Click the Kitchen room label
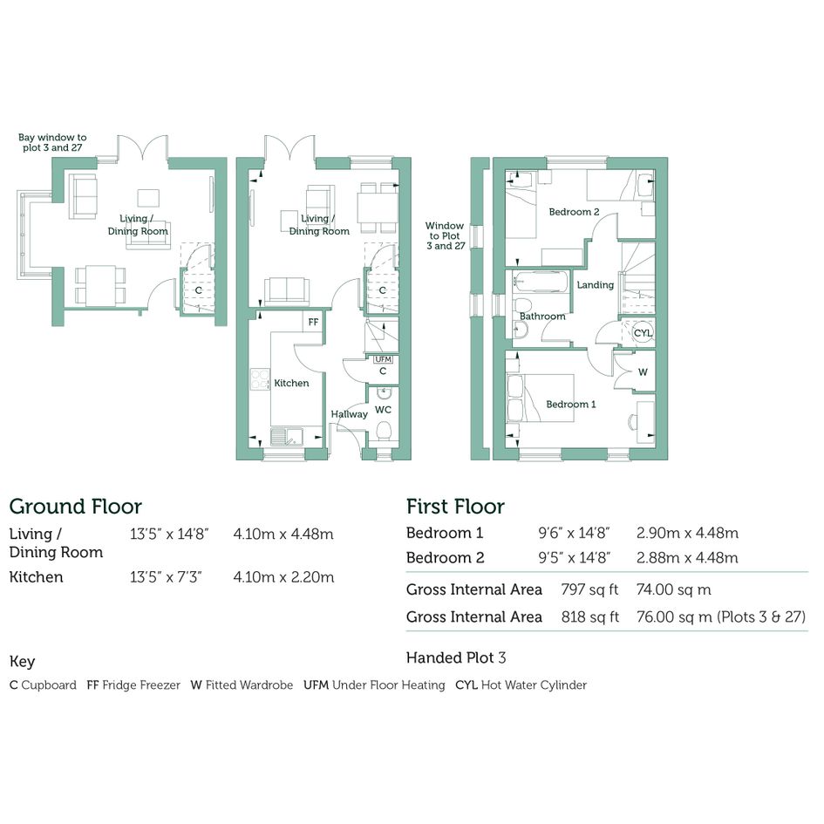point(291,383)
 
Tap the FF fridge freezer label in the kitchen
point(313,322)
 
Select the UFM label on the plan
point(384,359)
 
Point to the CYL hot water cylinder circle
point(643,332)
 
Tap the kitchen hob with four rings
point(260,379)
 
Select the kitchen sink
point(287,437)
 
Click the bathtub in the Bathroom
point(540,283)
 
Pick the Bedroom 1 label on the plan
point(571,404)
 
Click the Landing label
point(596,285)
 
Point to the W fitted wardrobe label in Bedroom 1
point(643,372)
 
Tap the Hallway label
point(349,414)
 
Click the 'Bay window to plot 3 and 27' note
point(52,142)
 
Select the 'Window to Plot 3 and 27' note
point(445,235)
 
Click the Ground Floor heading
point(76,507)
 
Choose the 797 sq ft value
point(589,589)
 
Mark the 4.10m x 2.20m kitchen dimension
point(283,577)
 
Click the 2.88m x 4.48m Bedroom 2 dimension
point(687,557)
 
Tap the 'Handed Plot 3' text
point(456,657)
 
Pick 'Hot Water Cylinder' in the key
point(534,685)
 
